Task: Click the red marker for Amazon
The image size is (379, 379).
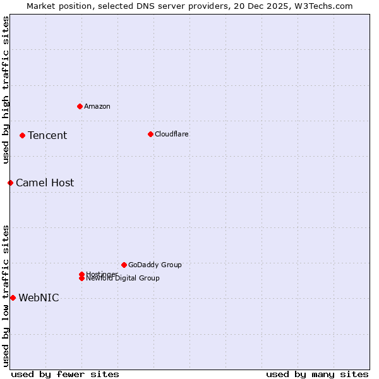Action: [x=80, y=106]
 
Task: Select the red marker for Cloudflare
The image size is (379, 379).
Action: [x=150, y=134]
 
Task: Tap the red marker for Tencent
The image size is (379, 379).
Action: [x=22, y=135]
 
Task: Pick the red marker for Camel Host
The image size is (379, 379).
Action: [x=10, y=183]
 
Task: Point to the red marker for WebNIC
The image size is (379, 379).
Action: [x=13, y=298]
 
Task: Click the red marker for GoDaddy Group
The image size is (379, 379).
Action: [x=124, y=265]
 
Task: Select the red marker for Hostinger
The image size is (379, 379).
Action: [x=81, y=274]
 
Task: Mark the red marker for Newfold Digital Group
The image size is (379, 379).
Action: [x=81, y=279]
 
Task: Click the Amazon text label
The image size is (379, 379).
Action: [x=97, y=106]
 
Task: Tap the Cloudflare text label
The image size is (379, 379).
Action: [x=172, y=134]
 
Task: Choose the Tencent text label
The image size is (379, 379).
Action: [x=47, y=135]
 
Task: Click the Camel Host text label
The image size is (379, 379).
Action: [x=45, y=183]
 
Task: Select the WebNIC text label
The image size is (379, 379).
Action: [x=39, y=298]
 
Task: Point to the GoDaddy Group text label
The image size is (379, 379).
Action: [x=155, y=265]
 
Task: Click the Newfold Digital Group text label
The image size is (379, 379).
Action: [x=123, y=279]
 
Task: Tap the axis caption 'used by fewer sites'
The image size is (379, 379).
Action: [x=65, y=374]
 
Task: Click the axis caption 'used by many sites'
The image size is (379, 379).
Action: [x=317, y=374]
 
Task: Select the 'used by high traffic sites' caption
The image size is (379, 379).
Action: [x=6, y=90]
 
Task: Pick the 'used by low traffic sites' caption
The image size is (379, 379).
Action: [x=6, y=295]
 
